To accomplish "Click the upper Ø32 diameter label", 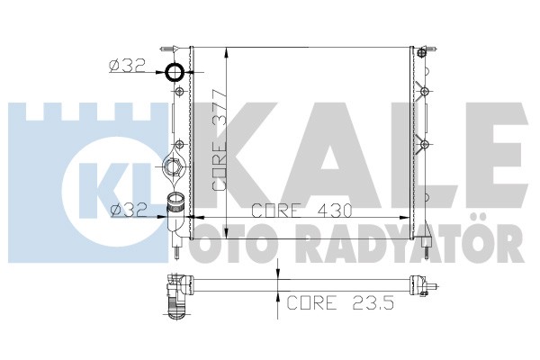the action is (x=128, y=66).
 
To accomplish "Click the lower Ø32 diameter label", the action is (x=129, y=210).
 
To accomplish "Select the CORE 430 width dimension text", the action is (x=301, y=211).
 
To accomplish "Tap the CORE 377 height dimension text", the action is (x=220, y=139).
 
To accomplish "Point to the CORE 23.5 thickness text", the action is (x=340, y=302).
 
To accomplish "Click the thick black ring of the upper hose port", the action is (x=167, y=73).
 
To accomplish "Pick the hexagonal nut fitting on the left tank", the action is (x=172, y=167).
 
